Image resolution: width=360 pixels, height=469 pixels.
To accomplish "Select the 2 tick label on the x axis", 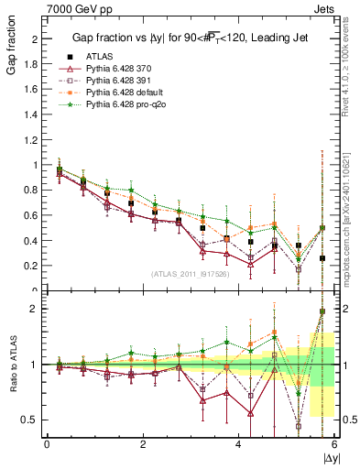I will pos(143,443).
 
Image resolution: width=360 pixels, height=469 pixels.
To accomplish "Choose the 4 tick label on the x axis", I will pos(239,443).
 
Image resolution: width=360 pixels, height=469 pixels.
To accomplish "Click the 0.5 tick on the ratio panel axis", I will pos(31,420).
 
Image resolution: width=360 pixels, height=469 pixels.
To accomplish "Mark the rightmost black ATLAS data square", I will pos(322,258).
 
